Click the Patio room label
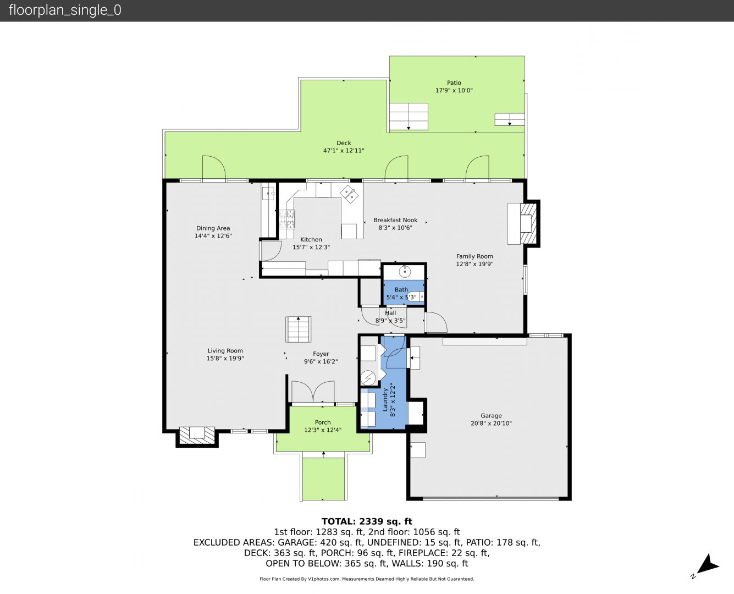point(454,82)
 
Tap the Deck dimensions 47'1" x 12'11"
point(344,151)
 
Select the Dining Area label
point(213,228)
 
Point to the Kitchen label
point(311,240)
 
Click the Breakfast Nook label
point(395,220)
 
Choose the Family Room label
point(474,256)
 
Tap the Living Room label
point(225,350)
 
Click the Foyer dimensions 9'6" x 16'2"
point(321,361)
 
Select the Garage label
point(491,416)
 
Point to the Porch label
point(323,422)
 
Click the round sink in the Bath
point(405,272)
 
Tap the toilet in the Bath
point(416,296)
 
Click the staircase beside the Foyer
point(298,329)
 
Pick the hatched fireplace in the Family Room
point(527,223)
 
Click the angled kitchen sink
point(349,194)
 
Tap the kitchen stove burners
point(286,219)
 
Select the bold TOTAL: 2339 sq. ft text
point(367,521)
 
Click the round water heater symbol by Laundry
point(367,378)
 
